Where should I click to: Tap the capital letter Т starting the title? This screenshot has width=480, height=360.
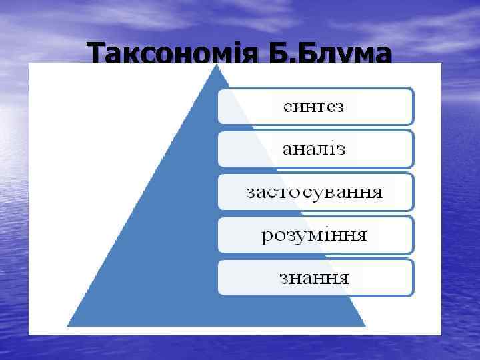(x=97, y=53)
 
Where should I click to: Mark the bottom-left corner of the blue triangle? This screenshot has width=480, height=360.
(x=69, y=325)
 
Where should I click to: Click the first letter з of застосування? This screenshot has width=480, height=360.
(x=250, y=193)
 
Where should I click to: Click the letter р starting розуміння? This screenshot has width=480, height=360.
(x=266, y=236)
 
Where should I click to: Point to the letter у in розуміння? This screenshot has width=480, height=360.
(x=297, y=236)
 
